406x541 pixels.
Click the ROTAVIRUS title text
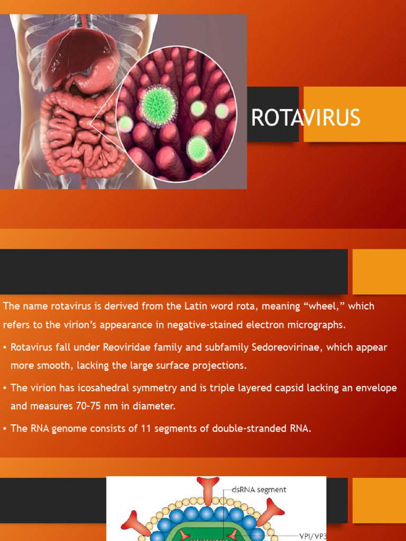(306, 118)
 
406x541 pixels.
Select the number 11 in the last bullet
(146, 428)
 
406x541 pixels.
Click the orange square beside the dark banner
(379, 272)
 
